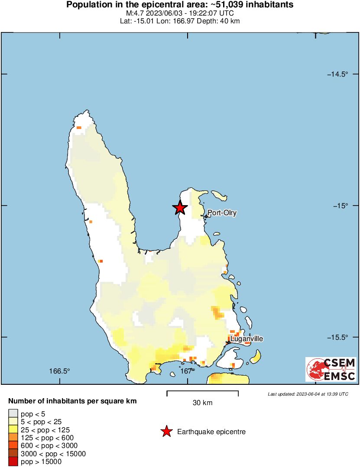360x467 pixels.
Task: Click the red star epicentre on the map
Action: (x=180, y=208)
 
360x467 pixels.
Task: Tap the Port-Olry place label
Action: (x=222, y=213)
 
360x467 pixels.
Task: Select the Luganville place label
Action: (x=246, y=339)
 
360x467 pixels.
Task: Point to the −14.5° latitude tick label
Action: (x=337, y=74)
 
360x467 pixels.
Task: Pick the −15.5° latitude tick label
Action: (x=337, y=337)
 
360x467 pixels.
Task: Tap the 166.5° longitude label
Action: (x=59, y=371)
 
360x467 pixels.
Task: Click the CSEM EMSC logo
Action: (x=331, y=369)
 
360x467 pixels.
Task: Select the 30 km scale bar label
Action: (x=202, y=403)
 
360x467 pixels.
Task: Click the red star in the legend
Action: (x=166, y=432)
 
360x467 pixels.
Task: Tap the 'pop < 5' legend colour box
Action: (x=13, y=414)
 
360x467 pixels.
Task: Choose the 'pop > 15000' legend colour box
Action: (x=13, y=461)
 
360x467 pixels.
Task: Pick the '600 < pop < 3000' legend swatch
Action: (x=13, y=445)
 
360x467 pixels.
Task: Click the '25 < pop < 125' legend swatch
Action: (x=13, y=430)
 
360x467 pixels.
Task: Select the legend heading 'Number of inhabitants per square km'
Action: (x=73, y=401)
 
